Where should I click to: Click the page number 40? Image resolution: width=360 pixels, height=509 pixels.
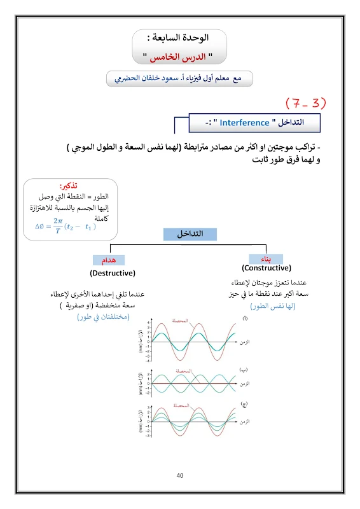180,475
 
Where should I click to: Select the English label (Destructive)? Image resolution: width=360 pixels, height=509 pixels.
113,273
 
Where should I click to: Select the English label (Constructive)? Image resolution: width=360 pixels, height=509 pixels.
267,268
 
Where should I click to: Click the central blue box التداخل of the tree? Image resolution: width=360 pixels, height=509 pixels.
189,234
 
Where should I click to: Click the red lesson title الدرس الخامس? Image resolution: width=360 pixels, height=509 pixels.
180,56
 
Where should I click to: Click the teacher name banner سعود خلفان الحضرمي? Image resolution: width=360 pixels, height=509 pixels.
180,79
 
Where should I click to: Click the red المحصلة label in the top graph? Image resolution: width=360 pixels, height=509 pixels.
181,321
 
